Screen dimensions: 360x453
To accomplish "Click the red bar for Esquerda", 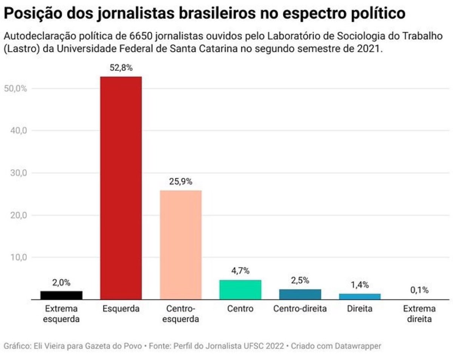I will tap(121, 188).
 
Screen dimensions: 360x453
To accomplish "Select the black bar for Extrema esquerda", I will tap(61, 295).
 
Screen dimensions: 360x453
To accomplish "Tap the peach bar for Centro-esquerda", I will tap(180, 245).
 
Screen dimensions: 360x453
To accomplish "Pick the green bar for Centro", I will tap(240, 289).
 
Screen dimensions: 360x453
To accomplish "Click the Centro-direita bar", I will tap(300, 294).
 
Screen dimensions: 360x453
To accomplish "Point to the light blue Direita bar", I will tap(359, 296).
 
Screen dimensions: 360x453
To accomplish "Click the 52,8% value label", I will tap(121, 68).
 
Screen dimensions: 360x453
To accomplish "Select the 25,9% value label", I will tap(180, 182).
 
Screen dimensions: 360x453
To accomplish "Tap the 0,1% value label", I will tap(419, 290).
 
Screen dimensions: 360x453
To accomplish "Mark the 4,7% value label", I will tap(240, 271).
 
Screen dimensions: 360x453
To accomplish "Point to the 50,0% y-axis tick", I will tap(15, 88).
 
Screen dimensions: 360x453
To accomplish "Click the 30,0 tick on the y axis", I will tap(17, 173).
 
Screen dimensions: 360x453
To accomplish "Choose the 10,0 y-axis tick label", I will tap(17, 257).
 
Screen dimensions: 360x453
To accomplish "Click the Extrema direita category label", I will tap(419, 314).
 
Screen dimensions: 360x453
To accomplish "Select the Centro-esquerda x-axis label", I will tap(180, 314).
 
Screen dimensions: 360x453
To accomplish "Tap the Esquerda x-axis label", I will tap(121, 309).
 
